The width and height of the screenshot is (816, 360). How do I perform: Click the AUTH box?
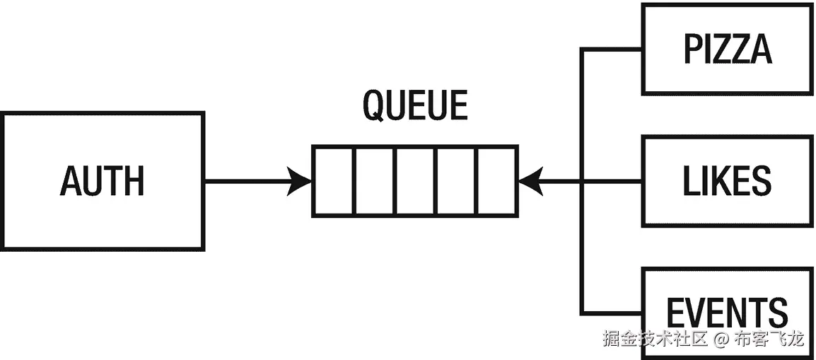coord(103,180)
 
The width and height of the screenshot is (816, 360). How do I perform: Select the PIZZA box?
coord(727,49)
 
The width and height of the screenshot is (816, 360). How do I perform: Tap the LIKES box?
coord(727,182)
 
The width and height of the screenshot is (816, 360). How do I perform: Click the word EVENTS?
coord(727,312)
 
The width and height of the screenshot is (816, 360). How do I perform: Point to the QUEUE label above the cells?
coord(415,106)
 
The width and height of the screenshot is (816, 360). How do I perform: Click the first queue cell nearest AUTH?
coord(334,181)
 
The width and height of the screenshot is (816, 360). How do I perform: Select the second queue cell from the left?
coord(374,181)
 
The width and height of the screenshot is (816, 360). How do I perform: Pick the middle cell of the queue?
coord(415,181)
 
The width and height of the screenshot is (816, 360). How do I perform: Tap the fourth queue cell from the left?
coord(456,181)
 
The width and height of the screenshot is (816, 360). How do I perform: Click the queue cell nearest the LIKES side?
coord(496,181)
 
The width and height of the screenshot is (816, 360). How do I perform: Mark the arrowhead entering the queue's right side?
coord(531,182)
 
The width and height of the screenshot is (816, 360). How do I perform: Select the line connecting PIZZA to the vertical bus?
coord(611,50)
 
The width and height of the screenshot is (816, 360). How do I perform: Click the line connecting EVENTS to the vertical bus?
coord(611,313)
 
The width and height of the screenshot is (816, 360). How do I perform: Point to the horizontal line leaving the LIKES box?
coord(612,182)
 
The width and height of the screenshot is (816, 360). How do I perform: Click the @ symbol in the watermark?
coord(720,339)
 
